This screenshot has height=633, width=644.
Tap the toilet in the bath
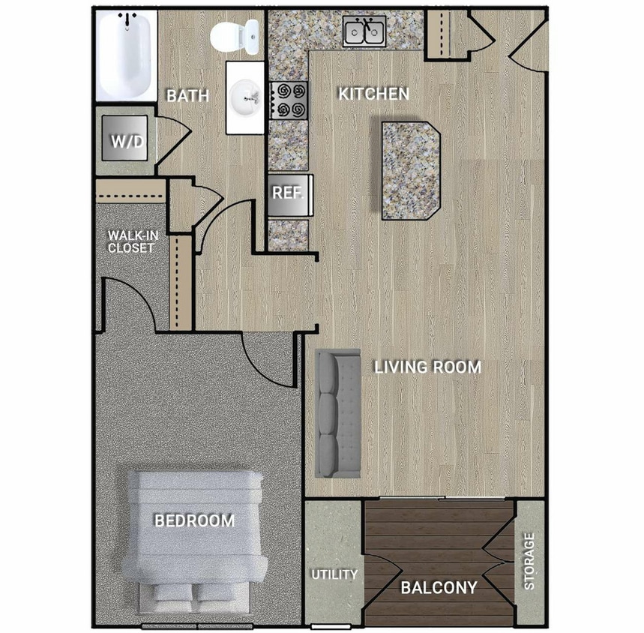pyautogui.click(x=234, y=34)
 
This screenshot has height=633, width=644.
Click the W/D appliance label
pyautogui.click(x=127, y=142)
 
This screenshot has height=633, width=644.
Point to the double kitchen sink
pyautogui.click(x=364, y=31)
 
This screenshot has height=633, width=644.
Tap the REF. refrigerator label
pyautogui.click(x=287, y=193)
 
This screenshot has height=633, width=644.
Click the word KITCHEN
pyautogui.click(x=373, y=94)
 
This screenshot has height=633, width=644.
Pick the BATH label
pyautogui.click(x=187, y=96)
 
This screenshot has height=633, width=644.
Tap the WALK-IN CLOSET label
pyautogui.click(x=131, y=241)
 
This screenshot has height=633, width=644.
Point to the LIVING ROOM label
pyautogui.click(x=427, y=367)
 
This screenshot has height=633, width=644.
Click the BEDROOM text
pyautogui.click(x=194, y=520)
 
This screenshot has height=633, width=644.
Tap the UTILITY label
pyautogui.click(x=334, y=575)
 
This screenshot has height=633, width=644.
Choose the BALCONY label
pyautogui.click(x=438, y=588)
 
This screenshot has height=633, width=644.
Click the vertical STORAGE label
pyautogui.click(x=529, y=561)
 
